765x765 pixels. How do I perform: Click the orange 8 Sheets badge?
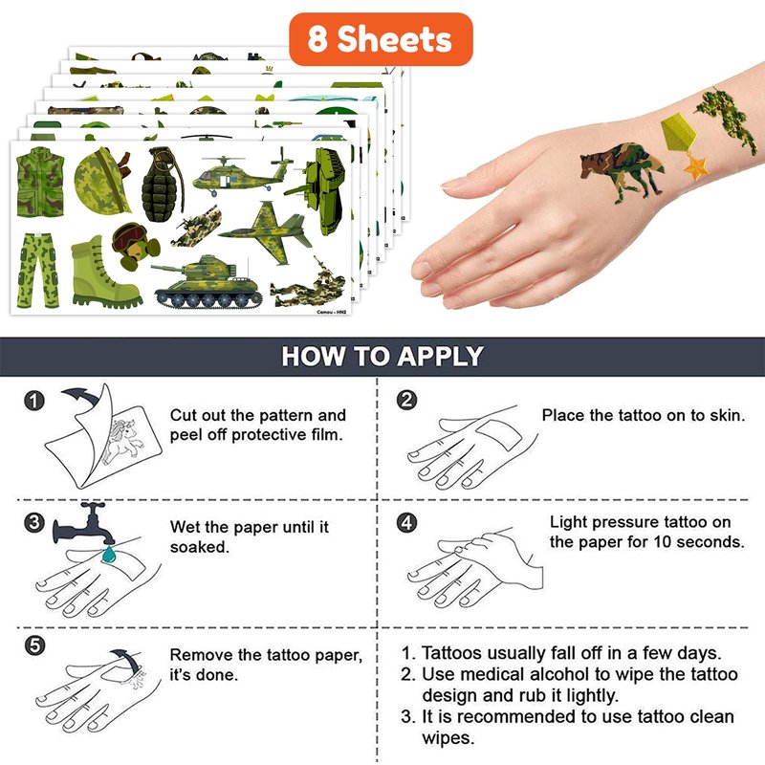(381, 39)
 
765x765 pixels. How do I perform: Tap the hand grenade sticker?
(163, 185)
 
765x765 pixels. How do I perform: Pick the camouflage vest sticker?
(40, 183)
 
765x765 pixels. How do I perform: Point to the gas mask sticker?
(135, 247)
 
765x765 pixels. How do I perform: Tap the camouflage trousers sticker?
(38, 271)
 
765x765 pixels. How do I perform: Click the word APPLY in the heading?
(440, 356)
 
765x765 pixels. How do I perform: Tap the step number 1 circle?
(34, 401)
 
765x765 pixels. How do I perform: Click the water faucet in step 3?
(83, 525)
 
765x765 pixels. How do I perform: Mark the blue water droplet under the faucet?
(109, 555)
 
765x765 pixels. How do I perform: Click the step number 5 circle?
(34, 646)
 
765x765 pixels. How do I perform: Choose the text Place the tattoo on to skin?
(644, 415)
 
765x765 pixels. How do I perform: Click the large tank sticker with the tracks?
(207, 282)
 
